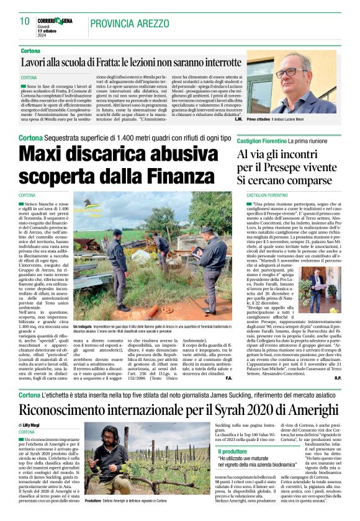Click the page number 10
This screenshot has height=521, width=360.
pyautogui.click(x=25, y=21)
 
